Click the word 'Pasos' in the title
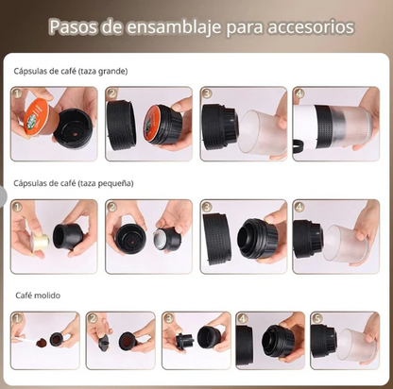pos(74,26)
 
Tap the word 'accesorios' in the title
pos(307,26)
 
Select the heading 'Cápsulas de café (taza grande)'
pos(71,71)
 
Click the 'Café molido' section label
pos(38,296)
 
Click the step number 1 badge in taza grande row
pos(16,93)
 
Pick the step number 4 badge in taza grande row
pos(299,93)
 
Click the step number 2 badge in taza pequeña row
pos(111,206)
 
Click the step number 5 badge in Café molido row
pos(316,318)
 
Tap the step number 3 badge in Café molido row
pos(167,318)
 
